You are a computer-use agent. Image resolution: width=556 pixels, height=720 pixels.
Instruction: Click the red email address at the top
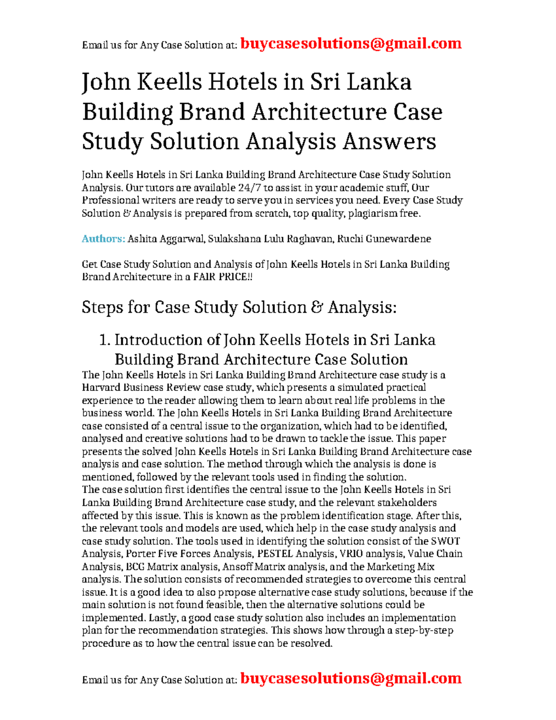pos(351,44)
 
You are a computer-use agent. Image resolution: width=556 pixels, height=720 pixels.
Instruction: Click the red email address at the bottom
pos(351,678)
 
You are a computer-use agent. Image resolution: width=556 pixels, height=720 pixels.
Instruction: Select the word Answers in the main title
pos(389,141)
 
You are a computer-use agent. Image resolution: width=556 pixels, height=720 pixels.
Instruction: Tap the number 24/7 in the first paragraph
pos(249,188)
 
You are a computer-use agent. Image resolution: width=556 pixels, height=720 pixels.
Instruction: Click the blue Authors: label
pos(103,239)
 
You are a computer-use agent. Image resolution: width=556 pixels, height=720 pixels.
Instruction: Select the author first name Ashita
pos(142,239)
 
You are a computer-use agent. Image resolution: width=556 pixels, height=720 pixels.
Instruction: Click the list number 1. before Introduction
pos(105,340)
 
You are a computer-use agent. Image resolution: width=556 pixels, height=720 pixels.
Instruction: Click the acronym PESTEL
pos(275,554)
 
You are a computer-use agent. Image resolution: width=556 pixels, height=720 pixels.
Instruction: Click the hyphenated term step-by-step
pos(424,631)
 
